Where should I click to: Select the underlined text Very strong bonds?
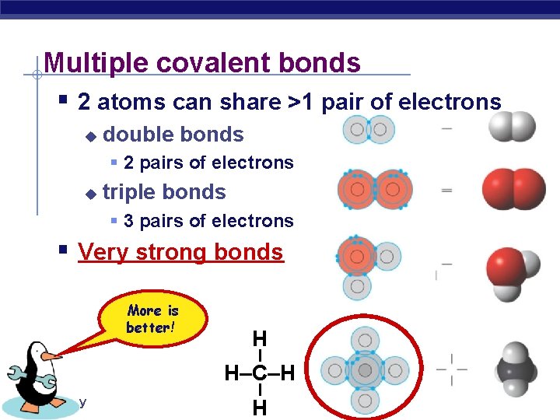(180, 252)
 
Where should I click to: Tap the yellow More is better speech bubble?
(153, 319)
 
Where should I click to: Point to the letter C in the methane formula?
(259, 374)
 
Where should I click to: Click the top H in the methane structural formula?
(259, 339)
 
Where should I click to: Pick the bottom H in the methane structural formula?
(259, 408)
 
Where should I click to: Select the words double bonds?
(173, 135)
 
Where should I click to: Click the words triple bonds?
(164, 192)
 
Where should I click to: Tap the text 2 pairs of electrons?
(208, 163)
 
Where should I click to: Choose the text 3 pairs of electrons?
(208, 221)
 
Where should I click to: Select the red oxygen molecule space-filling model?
(513, 188)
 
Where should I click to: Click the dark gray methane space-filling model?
(516, 368)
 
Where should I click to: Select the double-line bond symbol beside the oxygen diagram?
(446, 189)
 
